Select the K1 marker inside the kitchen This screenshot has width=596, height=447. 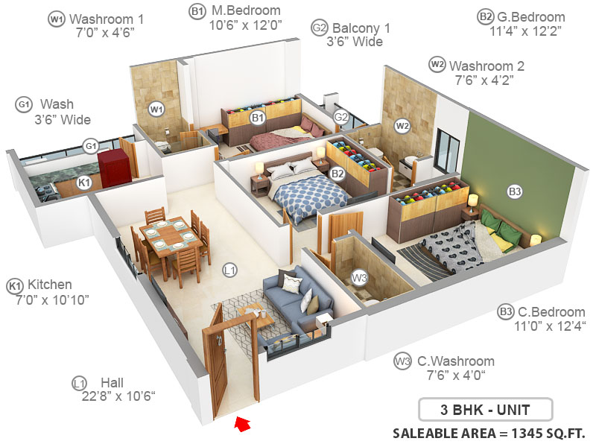[x=84, y=182]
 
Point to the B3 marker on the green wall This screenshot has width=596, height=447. [x=515, y=191]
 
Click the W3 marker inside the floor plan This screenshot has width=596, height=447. [x=360, y=279]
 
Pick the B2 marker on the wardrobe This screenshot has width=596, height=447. [x=337, y=174]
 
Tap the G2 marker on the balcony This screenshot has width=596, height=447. [x=341, y=117]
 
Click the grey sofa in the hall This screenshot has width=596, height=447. [x=297, y=304]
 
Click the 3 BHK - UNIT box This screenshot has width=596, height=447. [x=485, y=410]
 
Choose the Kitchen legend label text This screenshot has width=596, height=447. [x=50, y=285]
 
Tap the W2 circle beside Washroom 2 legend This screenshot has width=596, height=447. [x=437, y=65]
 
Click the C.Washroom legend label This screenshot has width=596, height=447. [x=454, y=361]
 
